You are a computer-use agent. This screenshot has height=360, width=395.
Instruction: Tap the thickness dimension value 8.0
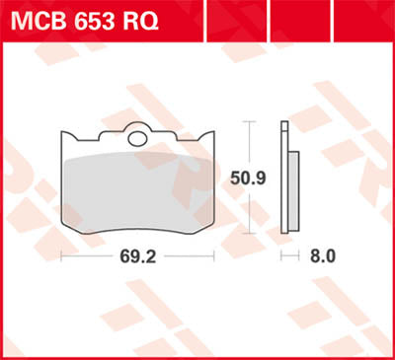coord(322,256)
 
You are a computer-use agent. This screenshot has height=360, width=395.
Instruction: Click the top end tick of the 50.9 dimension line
coord(251,121)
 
